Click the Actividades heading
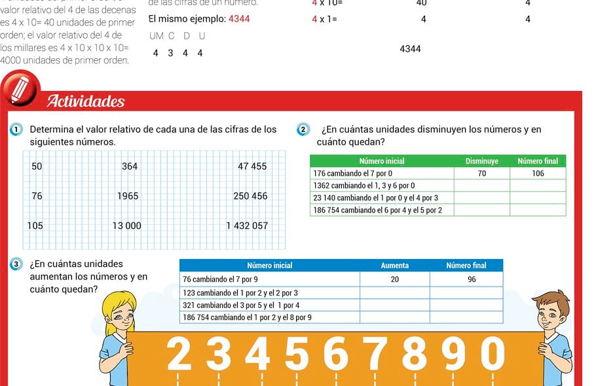(85, 101)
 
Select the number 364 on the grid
(130, 166)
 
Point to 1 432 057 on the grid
(247, 226)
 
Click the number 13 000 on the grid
(126, 226)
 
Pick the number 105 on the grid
(35, 226)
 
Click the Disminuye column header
(481, 161)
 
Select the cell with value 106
(538, 173)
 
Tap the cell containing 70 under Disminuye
(481, 173)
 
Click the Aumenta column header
(394, 266)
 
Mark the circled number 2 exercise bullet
(303, 130)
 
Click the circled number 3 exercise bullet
(16, 264)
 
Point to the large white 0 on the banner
(493, 354)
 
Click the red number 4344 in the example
(239, 19)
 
